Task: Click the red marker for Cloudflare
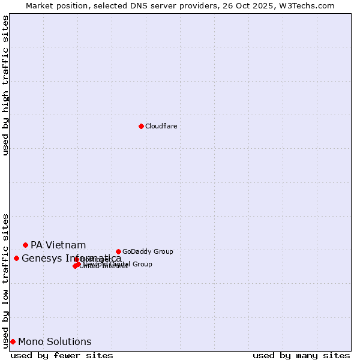tap(141, 126)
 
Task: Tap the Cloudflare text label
tap(161, 126)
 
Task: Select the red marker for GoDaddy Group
tap(118, 251)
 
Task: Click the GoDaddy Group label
tap(148, 251)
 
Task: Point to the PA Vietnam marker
tap(25, 245)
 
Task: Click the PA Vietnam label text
tap(58, 245)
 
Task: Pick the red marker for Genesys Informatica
tap(16, 258)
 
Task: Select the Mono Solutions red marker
tap(13, 341)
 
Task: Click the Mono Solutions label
tap(55, 342)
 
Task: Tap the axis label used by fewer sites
tap(62, 355)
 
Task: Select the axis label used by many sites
tap(301, 355)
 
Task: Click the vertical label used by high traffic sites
tap(5, 85)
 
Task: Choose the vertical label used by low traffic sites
tap(5, 280)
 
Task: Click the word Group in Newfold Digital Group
tap(142, 264)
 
